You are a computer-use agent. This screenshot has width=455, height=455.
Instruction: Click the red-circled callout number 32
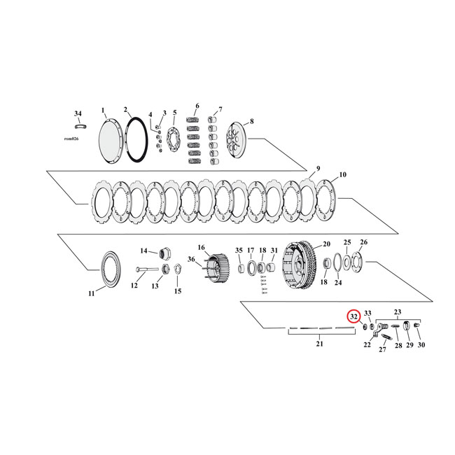click(353, 316)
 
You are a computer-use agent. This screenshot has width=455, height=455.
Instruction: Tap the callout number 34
click(78, 113)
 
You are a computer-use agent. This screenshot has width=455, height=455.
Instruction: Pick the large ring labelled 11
click(111, 267)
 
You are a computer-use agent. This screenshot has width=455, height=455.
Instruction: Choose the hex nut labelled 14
click(168, 251)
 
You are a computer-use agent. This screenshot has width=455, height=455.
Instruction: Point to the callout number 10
click(343, 174)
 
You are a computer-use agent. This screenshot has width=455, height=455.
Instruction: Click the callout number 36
click(191, 260)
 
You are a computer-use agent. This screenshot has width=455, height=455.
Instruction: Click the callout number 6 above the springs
click(197, 106)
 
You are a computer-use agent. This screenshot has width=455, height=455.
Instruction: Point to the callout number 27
click(382, 349)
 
